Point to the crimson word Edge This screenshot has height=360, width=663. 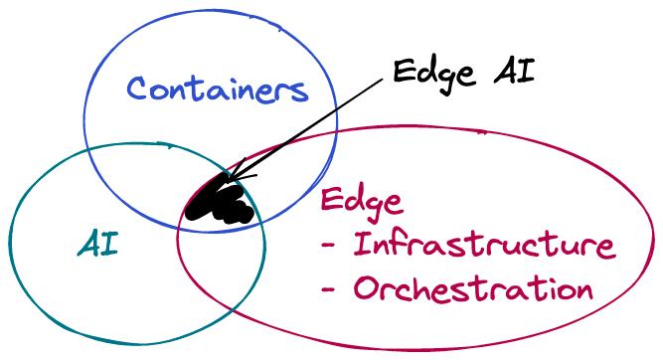coord(361,202)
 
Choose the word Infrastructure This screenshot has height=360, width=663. coord(485,245)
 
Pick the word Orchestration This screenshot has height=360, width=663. coord(473,289)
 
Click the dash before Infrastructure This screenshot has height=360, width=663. coord(330,246)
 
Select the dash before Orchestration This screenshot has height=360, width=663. coord(330,290)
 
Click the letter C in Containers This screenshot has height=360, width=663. coord(139,90)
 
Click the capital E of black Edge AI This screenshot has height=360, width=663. coord(403,71)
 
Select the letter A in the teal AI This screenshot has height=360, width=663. coord(88,244)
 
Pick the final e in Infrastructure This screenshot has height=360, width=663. coord(604,247)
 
